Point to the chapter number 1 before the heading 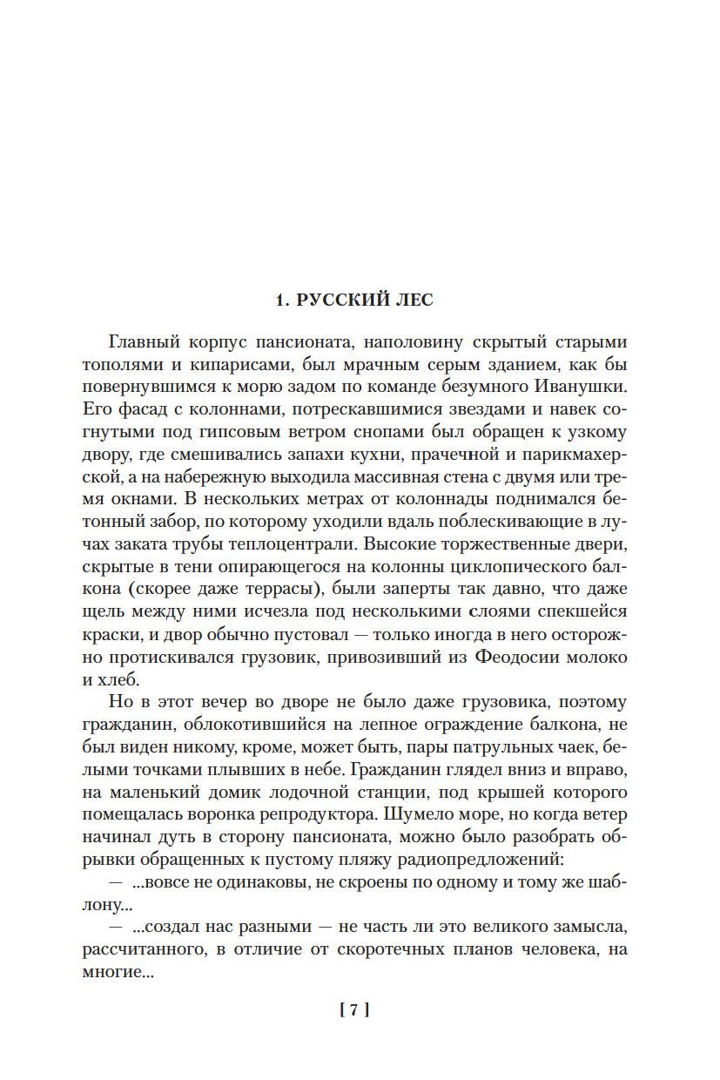279,300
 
